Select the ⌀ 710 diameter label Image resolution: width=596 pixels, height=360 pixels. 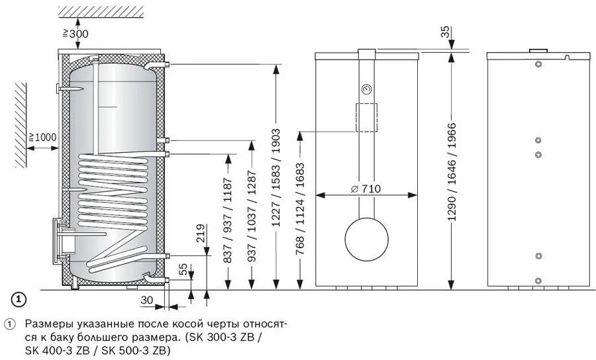point(366,189)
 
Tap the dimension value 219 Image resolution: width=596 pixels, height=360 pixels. point(201,234)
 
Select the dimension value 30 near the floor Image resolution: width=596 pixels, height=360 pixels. point(149,300)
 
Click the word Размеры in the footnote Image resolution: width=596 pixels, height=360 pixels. point(46,325)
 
